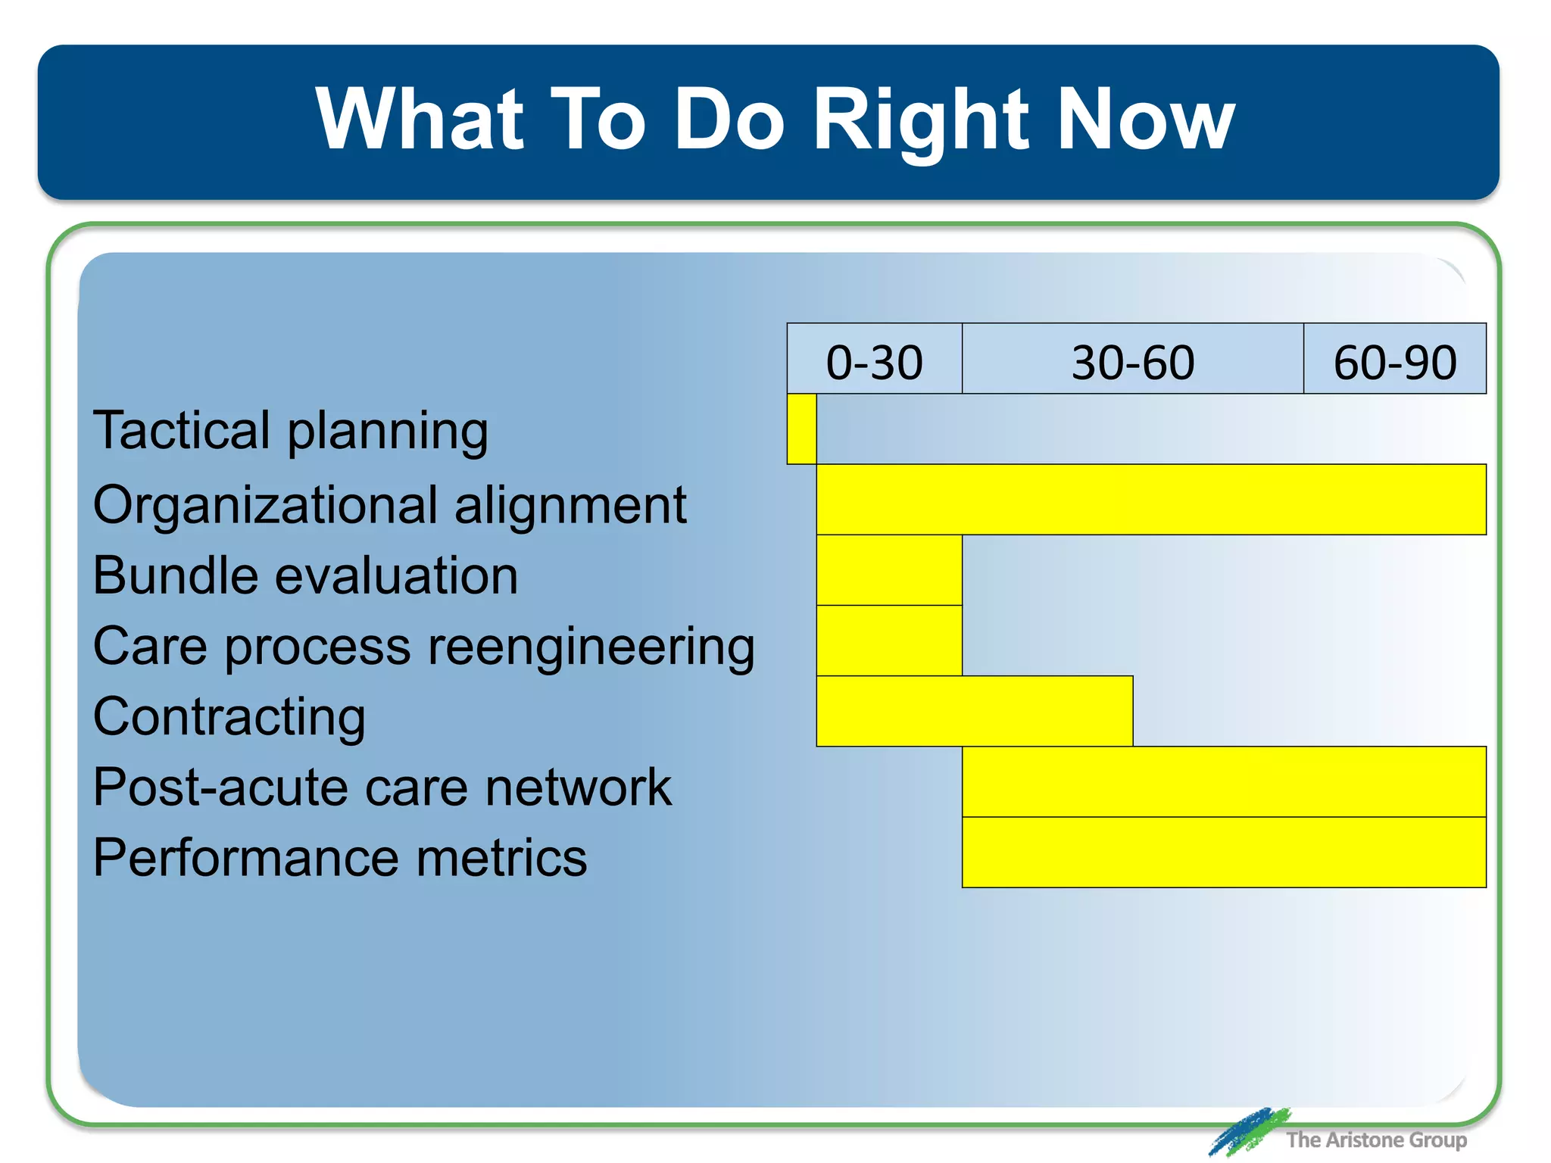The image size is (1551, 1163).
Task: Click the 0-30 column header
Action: tap(874, 360)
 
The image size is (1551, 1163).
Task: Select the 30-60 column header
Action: tap(1132, 360)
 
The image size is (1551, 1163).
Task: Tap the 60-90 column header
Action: tap(1394, 360)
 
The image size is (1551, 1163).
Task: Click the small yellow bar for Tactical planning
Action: tap(801, 429)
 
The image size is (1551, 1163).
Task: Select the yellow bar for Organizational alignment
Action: tap(1151, 500)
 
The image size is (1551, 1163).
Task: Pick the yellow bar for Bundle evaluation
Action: tap(889, 570)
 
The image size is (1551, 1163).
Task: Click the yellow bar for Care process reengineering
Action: tap(889, 641)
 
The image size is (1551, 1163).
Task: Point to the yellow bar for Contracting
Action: tap(974, 711)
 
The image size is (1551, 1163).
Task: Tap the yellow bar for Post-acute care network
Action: tap(1224, 781)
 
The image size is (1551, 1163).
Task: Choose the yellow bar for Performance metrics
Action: tap(1224, 852)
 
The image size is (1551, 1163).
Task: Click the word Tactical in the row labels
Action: tap(180, 430)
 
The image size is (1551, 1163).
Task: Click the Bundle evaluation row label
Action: tap(305, 575)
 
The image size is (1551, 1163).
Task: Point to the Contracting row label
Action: tap(229, 717)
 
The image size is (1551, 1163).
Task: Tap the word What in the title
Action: tap(419, 120)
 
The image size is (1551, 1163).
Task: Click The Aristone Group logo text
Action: tap(1375, 1140)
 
